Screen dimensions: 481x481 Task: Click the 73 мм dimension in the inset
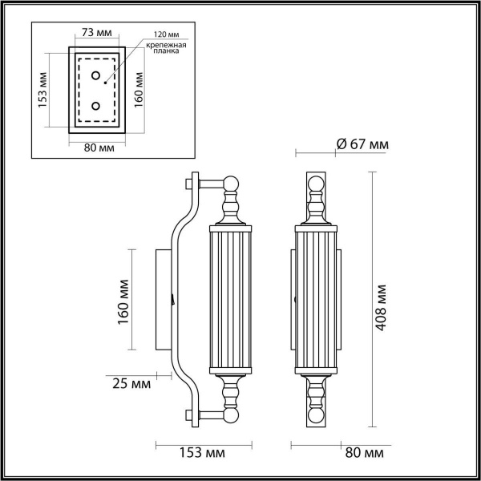98,34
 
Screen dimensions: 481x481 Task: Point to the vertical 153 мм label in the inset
43,90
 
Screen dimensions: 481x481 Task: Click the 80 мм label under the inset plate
98,147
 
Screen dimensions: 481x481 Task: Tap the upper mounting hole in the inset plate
97,77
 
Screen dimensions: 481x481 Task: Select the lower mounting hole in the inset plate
97,105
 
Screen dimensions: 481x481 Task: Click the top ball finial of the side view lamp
232,184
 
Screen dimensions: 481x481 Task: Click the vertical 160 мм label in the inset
139,90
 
